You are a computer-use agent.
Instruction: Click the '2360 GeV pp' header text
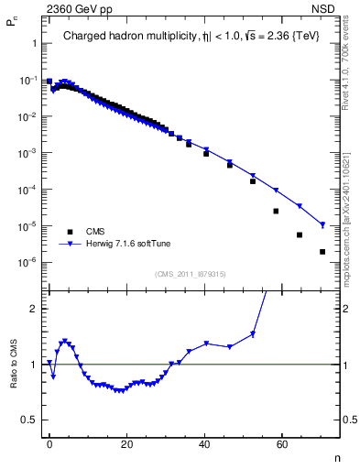click(76, 8)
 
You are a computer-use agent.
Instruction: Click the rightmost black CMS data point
click(322, 252)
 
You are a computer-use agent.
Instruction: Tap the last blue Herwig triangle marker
click(322, 224)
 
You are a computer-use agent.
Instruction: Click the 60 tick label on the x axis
click(283, 442)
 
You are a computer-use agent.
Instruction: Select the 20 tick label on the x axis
click(127, 442)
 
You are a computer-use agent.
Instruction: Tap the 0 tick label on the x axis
click(49, 442)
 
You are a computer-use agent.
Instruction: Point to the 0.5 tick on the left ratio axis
click(31, 420)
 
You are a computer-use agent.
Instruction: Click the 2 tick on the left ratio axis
click(35, 309)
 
